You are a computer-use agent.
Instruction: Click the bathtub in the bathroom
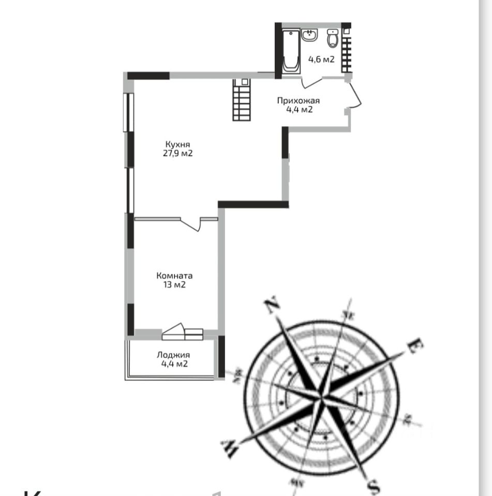coord(291,50)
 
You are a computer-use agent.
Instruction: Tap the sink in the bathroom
coord(310,36)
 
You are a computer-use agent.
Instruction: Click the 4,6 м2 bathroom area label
coord(321,59)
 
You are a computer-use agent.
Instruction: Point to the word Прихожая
coord(299,101)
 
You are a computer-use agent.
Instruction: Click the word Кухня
coord(176,144)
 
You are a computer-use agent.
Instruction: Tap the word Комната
coord(174,276)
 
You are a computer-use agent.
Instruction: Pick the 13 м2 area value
coord(174,285)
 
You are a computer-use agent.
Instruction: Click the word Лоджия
coord(173,355)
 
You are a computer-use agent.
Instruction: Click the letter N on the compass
coord(272,306)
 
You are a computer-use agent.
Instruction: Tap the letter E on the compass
coord(413,346)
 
